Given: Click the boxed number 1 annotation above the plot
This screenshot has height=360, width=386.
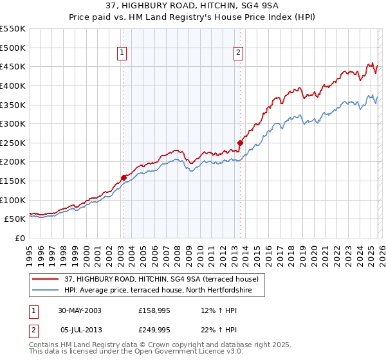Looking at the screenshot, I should pos(122,53).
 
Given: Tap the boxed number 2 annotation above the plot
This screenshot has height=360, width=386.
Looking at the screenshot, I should pos(238,53).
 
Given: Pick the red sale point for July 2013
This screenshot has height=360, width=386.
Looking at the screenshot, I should pos(240,143).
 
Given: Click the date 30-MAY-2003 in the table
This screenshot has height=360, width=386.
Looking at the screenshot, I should pos(80,310).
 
